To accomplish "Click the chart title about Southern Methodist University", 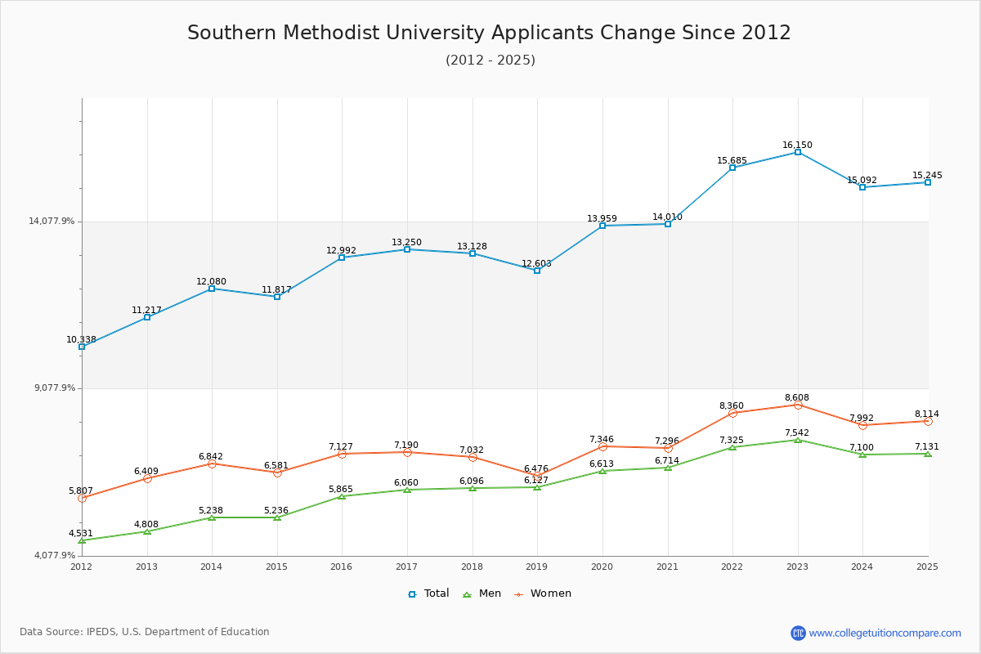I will [489, 33].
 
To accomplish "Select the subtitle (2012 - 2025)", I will [490, 60].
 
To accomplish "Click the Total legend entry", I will [428, 594].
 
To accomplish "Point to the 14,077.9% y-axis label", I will [52, 221].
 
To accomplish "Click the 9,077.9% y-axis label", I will [54, 387].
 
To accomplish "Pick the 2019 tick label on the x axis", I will [536, 567].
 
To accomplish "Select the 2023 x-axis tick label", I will [797, 567].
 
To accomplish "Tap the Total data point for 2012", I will [82, 347].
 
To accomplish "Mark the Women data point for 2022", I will [732, 414].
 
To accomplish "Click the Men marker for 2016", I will [342, 496].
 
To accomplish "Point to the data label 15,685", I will [732, 160].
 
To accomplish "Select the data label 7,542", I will [797, 432].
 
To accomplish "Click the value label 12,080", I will [211, 281].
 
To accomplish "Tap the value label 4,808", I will [146, 524].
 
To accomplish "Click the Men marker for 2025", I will [927, 454].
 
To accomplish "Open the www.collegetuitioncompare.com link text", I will [885, 633].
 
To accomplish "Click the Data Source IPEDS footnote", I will [145, 632].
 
